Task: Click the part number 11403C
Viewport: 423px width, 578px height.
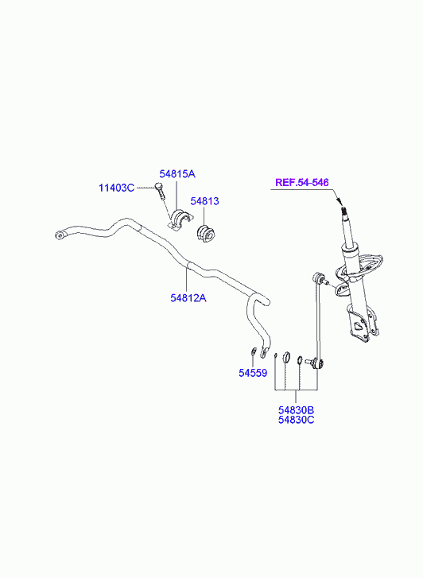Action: coord(116,188)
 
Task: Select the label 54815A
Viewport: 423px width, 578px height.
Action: coord(177,173)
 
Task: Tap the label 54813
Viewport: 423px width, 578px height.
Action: coord(204,201)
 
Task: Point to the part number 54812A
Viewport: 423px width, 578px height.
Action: coord(188,297)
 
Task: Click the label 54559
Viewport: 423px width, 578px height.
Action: coord(253,373)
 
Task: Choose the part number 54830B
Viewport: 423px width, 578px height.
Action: coord(296,410)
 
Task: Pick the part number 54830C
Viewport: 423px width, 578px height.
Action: coord(296,420)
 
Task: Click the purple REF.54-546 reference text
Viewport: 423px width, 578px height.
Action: coord(302,183)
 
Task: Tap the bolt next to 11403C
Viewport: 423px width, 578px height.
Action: coord(159,191)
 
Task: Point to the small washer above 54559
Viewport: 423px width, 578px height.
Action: coord(254,351)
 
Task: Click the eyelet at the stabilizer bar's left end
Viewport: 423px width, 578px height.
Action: coord(60,235)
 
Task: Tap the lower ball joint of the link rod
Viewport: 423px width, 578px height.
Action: coord(317,364)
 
